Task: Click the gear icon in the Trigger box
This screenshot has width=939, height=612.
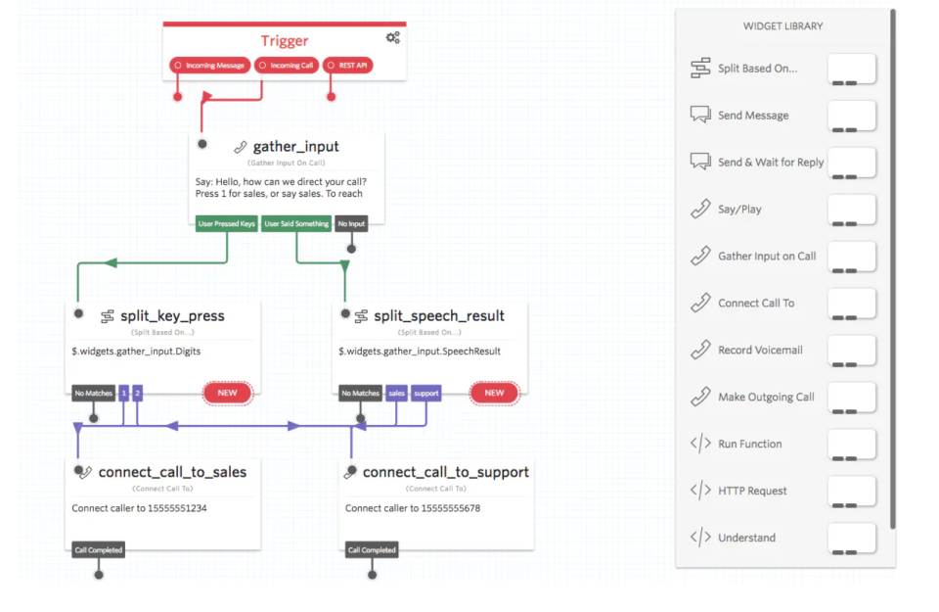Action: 392,38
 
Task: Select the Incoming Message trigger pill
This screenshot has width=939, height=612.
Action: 209,66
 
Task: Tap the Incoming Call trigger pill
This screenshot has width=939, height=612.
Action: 286,66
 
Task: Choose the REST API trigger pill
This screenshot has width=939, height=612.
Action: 347,66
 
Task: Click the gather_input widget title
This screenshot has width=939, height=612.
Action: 295,147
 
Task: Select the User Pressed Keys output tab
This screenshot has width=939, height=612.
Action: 226,223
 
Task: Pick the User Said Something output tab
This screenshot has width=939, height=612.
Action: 297,223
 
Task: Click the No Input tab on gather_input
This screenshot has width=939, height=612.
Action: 351,223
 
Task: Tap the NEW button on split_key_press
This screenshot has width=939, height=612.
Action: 227,393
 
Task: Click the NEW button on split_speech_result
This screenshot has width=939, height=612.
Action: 494,393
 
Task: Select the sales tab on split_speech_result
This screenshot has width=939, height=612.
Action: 396,393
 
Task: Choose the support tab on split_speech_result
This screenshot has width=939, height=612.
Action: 426,393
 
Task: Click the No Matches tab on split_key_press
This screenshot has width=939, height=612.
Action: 93,393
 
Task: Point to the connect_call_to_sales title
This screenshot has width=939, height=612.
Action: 172,472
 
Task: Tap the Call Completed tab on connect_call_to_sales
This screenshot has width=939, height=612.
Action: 99,550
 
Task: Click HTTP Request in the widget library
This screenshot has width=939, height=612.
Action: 752,491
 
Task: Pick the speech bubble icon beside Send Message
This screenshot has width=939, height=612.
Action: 700,115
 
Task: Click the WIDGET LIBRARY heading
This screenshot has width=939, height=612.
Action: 783,26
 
